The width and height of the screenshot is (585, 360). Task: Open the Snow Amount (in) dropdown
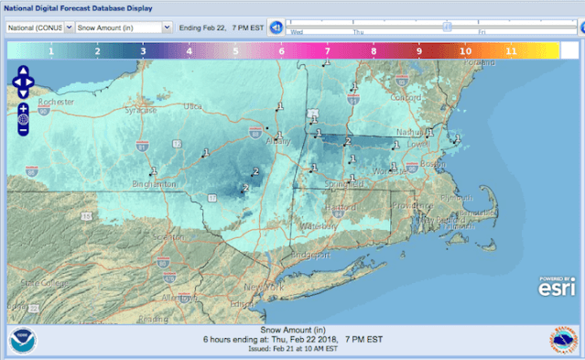point(124,27)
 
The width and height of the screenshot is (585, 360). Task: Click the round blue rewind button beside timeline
point(275,27)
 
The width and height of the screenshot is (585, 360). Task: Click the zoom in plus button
point(23,108)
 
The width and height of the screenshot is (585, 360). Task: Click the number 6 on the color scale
point(282,52)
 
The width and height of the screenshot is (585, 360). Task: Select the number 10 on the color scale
point(466,52)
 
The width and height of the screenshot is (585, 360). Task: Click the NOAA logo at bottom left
point(22,341)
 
